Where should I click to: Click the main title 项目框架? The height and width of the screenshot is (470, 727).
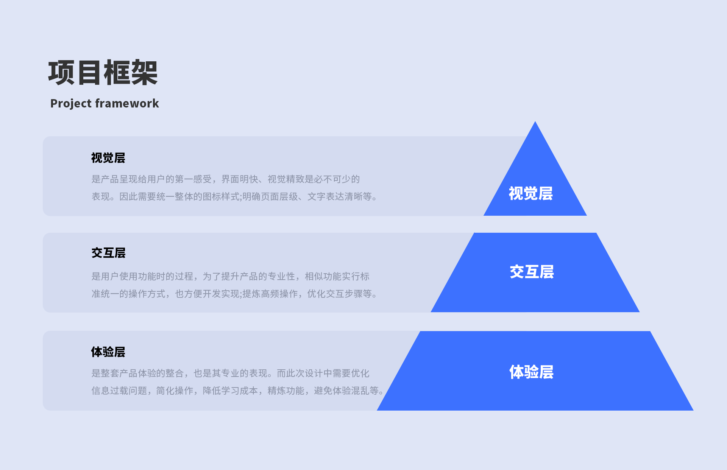pyautogui.click(x=103, y=73)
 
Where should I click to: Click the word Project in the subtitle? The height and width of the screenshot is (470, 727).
pyautogui.click(x=71, y=103)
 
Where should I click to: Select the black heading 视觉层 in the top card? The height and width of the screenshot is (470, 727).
pyautogui.click(x=108, y=158)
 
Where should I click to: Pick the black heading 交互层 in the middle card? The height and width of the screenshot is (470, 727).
pyautogui.click(x=108, y=253)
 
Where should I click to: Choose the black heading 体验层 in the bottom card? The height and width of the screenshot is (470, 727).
pyautogui.click(x=108, y=352)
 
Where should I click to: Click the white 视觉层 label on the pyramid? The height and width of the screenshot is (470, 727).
pyautogui.click(x=530, y=193)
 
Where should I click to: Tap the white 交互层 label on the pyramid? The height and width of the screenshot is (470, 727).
pyautogui.click(x=532, y=272)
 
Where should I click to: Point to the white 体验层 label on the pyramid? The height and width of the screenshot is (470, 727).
pyautogui.click(x=531, y=372)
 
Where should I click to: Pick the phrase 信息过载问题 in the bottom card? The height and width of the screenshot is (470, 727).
pyautogui.click(x=119, y=391)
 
